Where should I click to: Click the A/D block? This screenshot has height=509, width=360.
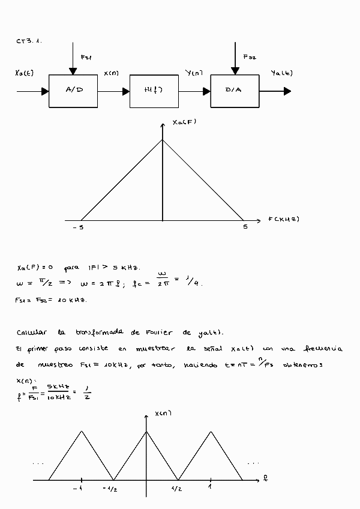tap(73, 91)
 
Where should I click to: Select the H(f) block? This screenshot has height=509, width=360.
tap(154, 91)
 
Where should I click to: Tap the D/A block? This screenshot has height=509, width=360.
tap(235, 91)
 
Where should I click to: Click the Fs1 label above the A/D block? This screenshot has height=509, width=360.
tap(86, 58)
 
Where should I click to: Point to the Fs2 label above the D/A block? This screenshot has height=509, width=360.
tap(249, 58)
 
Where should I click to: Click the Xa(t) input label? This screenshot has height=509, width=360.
tap(25, 73)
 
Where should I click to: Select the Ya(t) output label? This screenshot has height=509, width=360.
tap(282, 73)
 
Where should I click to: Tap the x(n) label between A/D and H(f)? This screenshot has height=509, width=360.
tap(111, 73)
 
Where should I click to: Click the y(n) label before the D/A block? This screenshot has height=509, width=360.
tap(194, 73)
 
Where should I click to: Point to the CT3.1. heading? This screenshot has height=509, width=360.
tap(29, 41)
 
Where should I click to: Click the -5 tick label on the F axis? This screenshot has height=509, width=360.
tap(79, 227)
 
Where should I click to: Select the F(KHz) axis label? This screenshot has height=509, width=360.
tap(283, 219)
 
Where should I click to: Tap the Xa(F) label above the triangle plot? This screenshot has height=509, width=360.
tap(184, 122)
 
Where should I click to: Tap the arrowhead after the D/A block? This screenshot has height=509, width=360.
tap(287, 91)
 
